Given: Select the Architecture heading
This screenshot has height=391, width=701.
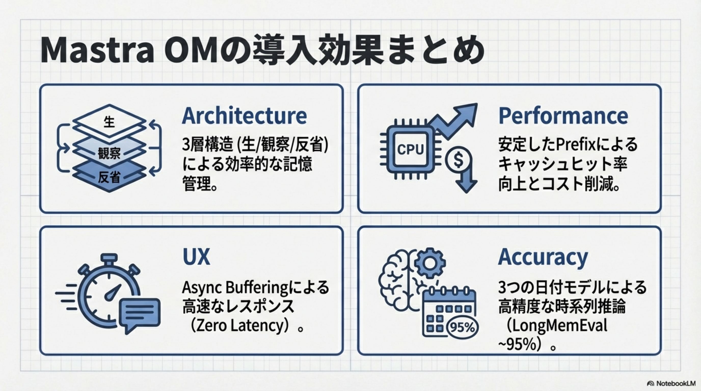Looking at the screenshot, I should (x=244, y=116).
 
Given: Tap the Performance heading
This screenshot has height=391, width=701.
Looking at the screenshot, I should (x=563, y=116).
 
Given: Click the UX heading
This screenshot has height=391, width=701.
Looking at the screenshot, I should (x=196, y=257).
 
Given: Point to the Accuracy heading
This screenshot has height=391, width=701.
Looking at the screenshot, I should (x=543, y=257).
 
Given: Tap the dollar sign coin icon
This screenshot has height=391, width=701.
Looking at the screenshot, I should (x=458, y=160).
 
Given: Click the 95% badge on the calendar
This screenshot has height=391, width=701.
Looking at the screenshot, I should (x=462, y=328).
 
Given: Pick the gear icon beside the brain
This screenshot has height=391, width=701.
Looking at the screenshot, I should (x=430, y=263).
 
